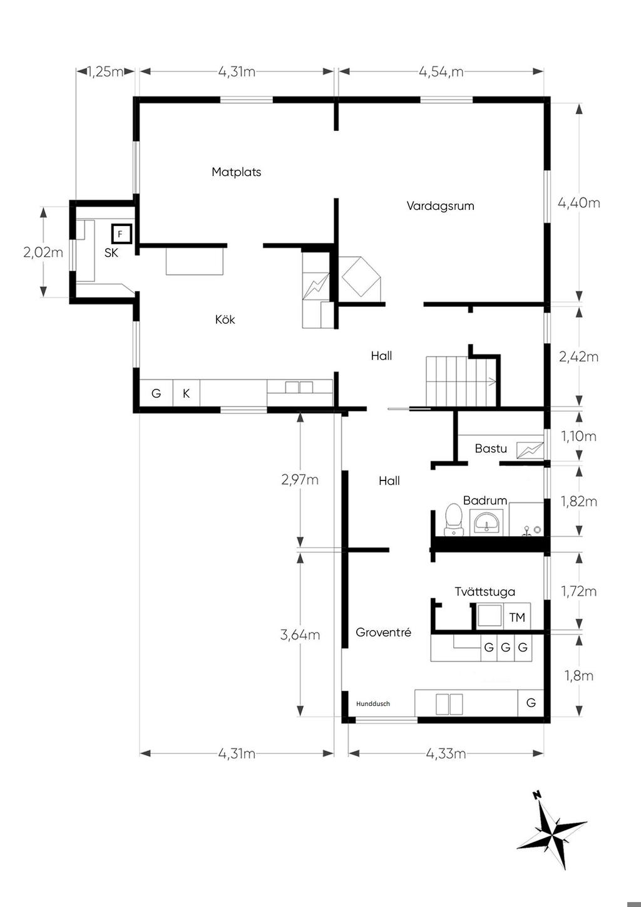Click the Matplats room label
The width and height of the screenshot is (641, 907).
(x=237, y=172)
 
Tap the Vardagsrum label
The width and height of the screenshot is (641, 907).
(x=440, y=205)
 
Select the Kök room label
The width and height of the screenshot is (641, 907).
(x=225, y=319)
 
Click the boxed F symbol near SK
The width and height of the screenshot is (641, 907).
(x=122, y=234)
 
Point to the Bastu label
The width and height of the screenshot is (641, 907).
(x=491, y=448)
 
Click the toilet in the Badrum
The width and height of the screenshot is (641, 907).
(x=453, y=519)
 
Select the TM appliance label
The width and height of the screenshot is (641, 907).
(x=517, y=617)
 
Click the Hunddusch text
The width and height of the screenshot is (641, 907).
(x=373, y=703)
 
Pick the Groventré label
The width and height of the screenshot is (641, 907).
(x=383, y=632)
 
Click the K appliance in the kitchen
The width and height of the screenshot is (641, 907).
(x=186, y=393)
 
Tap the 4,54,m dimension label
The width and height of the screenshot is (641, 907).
(x=441, y=72)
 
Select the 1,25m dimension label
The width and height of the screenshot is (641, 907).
(x=105, y=72)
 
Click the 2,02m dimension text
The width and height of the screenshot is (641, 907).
(x=43, y=252)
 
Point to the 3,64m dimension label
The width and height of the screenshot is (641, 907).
(x=300, y=635)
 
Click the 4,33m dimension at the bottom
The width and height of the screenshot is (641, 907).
(x=446, y=754)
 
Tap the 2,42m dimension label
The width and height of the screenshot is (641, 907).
(x=578, y=357)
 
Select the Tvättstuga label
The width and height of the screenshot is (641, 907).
(x=485, y=591)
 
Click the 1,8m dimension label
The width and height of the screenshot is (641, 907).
(x=578, y=675)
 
